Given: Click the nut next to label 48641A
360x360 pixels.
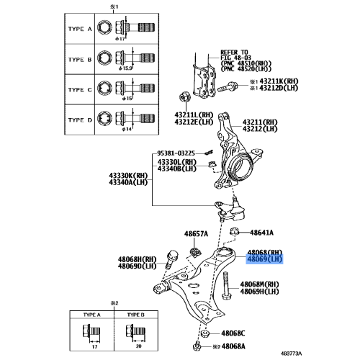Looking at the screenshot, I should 238,233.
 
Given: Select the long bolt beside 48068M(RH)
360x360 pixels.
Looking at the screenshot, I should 225,284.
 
